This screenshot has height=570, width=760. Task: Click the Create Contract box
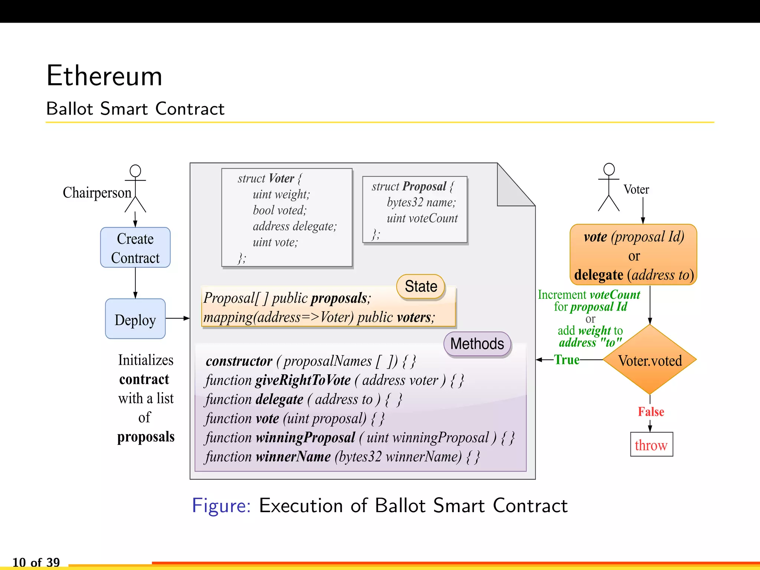pos(135,248)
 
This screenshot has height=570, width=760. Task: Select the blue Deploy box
pos(135,319)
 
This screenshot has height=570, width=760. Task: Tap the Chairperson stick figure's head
pos(135,171)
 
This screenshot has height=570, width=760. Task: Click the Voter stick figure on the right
pos(609,187)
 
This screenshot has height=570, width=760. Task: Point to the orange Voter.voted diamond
pos(650,360)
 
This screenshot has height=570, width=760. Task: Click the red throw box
pos(651,444)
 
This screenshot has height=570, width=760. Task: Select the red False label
pos(651,412)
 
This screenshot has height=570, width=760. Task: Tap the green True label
pos(567,360)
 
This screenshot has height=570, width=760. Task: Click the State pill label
pos(421,286)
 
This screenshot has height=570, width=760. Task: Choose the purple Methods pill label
pos(477,344)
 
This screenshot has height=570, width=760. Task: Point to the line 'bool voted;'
pos(280,210)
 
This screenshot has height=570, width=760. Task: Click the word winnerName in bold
pos(293,457)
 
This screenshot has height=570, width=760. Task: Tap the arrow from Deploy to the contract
pos(177,318)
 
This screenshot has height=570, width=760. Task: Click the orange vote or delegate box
pos(633,255)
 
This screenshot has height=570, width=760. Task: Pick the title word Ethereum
pos(104,76)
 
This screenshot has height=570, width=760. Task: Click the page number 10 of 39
pos(36,562)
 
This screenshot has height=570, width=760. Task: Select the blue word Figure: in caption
pos(221,505)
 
